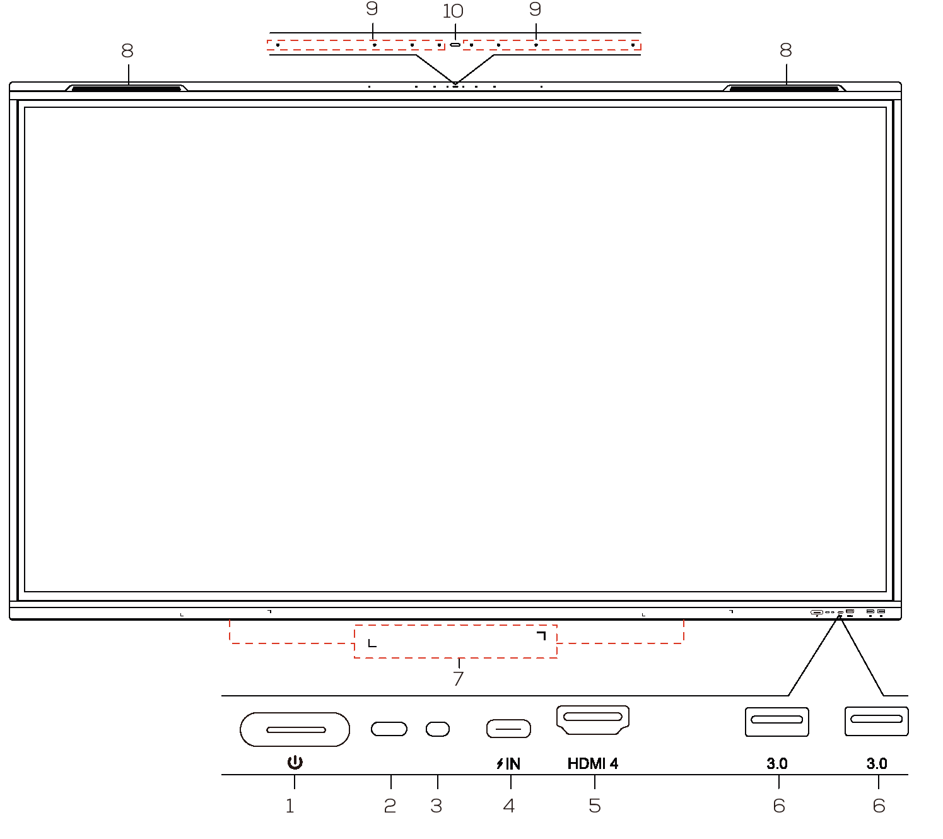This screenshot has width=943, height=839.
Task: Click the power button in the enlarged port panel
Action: pos(295,729)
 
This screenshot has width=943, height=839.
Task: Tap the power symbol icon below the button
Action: pos(295,762)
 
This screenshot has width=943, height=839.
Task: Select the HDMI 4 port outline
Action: pos(592,720)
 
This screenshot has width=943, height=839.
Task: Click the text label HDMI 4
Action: pos(592,763)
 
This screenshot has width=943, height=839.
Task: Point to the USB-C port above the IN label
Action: pos(508,729)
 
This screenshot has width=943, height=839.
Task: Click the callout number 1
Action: pos(290,806)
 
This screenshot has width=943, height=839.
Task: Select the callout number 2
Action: pos(390,806)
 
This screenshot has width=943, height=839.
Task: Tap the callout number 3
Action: pos(436,806)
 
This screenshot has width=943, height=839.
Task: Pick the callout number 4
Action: pos(509,806)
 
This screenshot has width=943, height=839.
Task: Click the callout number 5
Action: pos(595,806)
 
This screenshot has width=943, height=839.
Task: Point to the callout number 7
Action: pos(459,678)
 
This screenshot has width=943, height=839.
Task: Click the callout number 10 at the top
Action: pos(453,11)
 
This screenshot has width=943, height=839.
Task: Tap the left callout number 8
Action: pos(127,50)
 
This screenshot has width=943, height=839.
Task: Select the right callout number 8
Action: pos(786,50)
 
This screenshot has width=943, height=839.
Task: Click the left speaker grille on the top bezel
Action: pos(126,88)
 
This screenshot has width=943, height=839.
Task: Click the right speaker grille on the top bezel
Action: pos(784,88)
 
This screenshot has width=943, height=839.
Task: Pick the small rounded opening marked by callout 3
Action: pos(438,729)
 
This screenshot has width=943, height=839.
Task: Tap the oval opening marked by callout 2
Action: pos(389,729)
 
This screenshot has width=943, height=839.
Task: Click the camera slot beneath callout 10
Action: pos(455,45)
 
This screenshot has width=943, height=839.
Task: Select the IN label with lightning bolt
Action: pos(508,763)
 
